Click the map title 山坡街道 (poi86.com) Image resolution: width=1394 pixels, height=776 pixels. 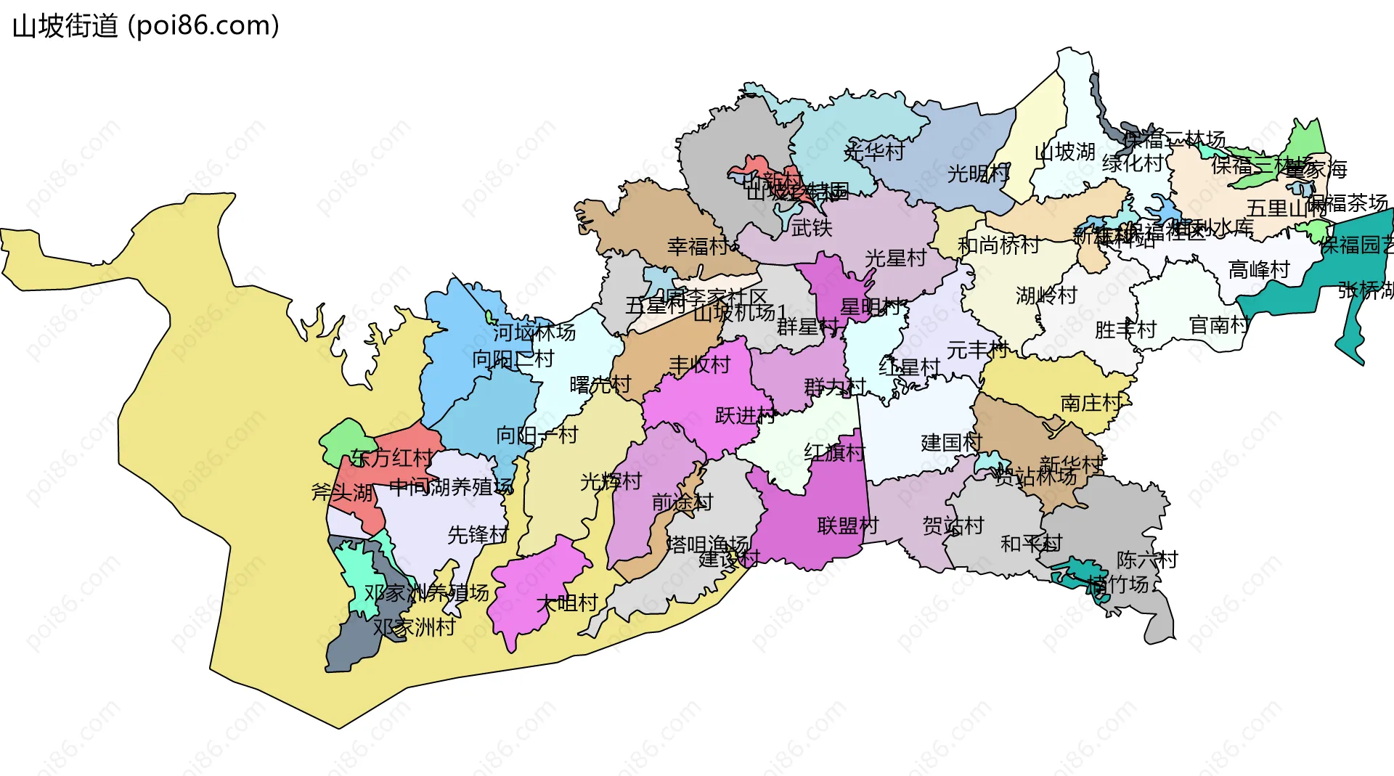coord(146,26)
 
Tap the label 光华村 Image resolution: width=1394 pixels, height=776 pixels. coord(874,151)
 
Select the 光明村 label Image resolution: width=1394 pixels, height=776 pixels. coord(978,173)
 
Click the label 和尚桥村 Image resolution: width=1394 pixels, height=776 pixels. coord(998,245)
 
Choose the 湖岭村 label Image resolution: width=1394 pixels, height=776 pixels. coord(1046,295)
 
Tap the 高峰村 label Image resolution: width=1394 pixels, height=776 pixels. coord(1258,270)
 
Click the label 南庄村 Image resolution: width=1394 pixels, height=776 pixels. coord(1091,403)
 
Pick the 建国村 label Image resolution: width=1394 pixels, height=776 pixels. coord(951,442)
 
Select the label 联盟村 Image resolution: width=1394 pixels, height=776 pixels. coord(848,525)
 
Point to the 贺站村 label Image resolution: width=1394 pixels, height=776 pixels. coord(953,525)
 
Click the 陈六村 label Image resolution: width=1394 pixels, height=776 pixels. coord(1147,560)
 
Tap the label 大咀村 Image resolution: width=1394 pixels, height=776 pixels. coord(567,603)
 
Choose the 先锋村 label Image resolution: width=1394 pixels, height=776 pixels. coord(478,534)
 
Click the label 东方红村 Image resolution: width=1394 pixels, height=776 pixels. coord(391,457)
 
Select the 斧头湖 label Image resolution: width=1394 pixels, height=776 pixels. coord(342,492)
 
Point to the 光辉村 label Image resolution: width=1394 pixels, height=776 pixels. coord(611,481)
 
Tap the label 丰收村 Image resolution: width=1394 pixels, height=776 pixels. coord(699,364)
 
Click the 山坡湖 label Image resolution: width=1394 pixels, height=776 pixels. coord(1064,152)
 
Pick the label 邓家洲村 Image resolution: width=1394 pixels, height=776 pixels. coord(414,626)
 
